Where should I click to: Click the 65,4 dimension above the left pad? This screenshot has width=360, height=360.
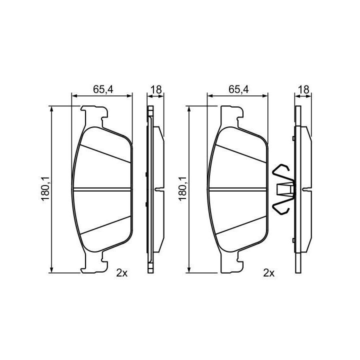103,89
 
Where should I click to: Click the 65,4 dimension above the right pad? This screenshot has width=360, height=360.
239,89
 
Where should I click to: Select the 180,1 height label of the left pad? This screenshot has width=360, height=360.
45,189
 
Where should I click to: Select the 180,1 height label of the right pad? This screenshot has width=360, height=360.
183,189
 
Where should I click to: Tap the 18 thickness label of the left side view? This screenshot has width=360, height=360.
156,89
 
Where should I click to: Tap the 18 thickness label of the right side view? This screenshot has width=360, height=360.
304,89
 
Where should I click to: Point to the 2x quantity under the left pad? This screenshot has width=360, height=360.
121,273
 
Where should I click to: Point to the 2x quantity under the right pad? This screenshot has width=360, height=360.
269,273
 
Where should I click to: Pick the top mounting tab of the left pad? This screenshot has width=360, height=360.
94,116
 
